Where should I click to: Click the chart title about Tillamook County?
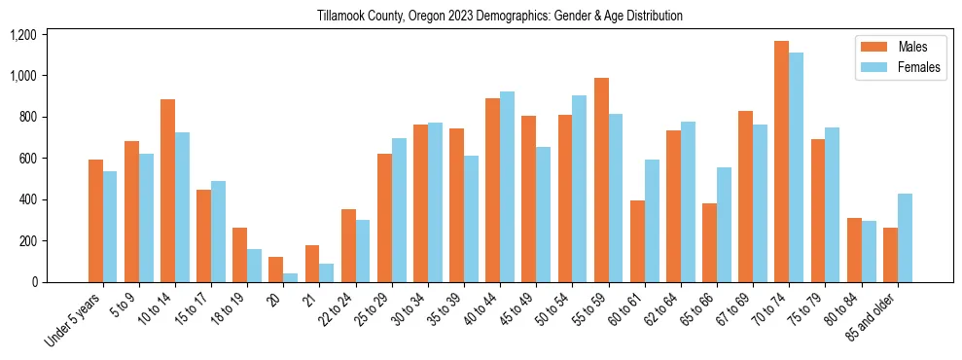click(x=500, y=16)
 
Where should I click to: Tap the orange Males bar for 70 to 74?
click(x=781, y=162)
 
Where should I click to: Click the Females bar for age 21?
click(x=327, y=272)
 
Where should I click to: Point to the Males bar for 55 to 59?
click(x=601, y=180)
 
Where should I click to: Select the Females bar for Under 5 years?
click(x=110, y=227)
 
